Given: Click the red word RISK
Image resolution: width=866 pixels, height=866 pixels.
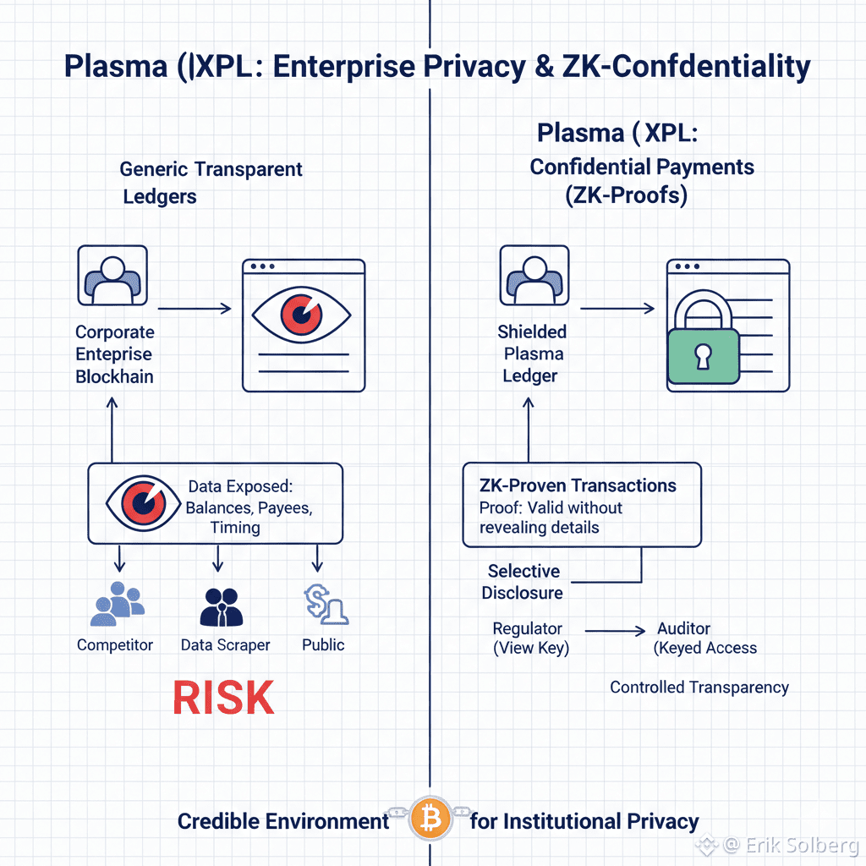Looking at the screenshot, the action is (x=223, y=698).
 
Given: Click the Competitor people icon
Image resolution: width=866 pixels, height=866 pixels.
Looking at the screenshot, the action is (x=115, y=603).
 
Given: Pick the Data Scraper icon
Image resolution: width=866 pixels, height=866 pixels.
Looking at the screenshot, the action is (x=222, y=604).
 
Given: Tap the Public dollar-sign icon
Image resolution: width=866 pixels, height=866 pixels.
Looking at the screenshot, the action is (x=325, y=604).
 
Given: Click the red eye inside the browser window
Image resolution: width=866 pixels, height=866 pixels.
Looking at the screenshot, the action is (x=299, y=315).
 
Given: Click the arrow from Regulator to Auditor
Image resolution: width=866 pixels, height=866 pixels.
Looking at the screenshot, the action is (x=615, y=630).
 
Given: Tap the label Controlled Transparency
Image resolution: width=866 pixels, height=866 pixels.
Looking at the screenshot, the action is (x=699, y=688).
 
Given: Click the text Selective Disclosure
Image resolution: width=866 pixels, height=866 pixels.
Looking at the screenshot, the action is (x=523, y=582).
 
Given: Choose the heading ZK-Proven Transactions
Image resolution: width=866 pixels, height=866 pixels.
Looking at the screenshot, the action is (x=578, y=485).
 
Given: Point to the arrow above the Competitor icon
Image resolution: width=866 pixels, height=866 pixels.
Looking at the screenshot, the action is (x=119, y=557).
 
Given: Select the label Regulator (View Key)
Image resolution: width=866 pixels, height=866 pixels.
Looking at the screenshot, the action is (x=531, y=639).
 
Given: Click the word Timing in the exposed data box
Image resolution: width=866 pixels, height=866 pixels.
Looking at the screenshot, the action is (x=235, y=527).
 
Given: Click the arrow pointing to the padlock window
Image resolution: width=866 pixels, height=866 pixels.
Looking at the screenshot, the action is (x=617, y=310).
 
